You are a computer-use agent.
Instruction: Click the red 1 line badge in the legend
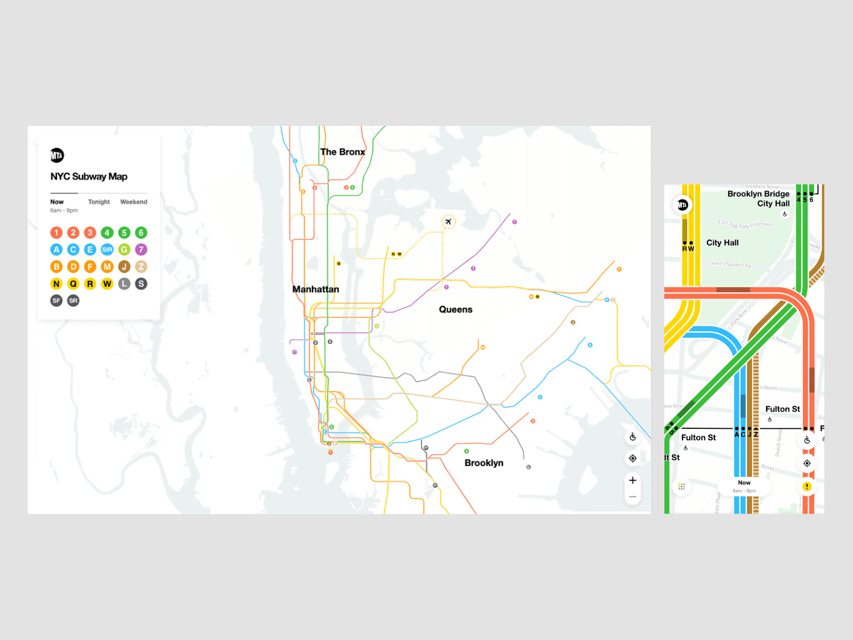pos(57,233)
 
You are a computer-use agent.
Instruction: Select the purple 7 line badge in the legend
pos(141,250)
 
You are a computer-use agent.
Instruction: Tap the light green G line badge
pos(124,250)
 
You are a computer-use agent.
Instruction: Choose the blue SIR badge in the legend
pos(107,250)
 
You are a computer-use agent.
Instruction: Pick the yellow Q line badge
pos(74,284)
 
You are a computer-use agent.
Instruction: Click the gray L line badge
pos(124,284)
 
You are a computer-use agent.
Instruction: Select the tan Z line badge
pos(141,267)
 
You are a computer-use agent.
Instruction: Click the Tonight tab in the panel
pos(99,202)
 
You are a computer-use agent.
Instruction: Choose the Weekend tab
pos(134,202)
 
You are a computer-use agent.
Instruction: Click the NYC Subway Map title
pos(89,177)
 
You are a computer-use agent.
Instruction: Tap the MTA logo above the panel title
pos(57,155)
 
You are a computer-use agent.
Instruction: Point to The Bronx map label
pos(343,152)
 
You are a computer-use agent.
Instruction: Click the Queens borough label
pos(456,309)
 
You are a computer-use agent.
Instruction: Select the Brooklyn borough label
pos(484,463)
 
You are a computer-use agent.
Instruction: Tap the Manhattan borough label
pos(316,289)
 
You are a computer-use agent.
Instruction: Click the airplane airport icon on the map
pos(448,221)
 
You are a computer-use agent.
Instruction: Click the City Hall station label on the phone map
pos(722,243)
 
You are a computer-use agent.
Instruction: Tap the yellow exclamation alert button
pos(807,486)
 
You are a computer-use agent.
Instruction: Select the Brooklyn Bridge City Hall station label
pos(759,198)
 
